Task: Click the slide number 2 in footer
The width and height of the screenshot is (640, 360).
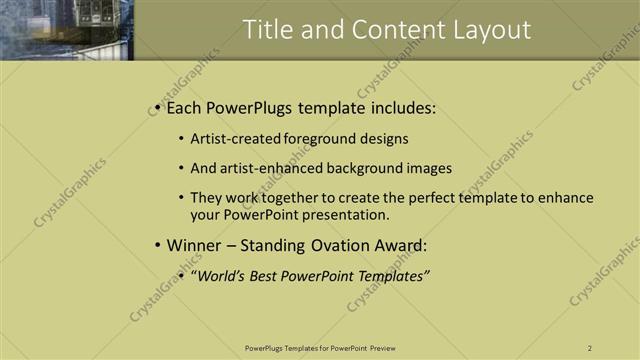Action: pyautogui.click(x=590, y=348)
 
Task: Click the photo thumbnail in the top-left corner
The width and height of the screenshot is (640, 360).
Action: pyautogui.click(x=66, y=30)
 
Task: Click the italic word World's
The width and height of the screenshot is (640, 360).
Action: pyautogui.click(x=220, y=276)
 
